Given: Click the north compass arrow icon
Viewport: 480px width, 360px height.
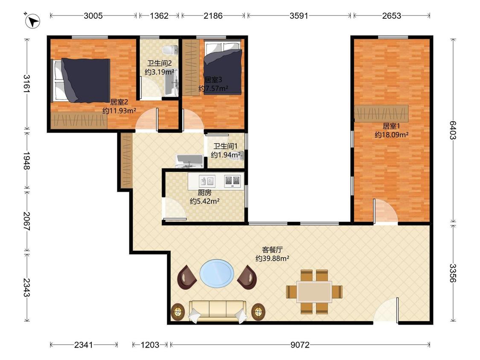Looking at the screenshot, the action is pos(32,21).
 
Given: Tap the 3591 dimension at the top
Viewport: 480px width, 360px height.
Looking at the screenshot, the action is pos(299,16).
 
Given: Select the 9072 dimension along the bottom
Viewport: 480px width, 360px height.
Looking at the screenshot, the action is pos(300,345).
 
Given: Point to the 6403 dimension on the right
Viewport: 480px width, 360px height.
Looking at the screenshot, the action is pos(453,130).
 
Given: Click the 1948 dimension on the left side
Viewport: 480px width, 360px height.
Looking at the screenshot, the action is pos(26,160).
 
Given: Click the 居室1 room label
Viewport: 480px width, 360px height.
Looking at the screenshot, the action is pos(391,126).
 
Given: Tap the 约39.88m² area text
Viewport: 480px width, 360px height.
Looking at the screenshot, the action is pos(273,258).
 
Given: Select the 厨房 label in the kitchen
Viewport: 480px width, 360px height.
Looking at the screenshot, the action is pos(204,192).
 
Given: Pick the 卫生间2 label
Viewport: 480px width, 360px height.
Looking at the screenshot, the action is pos(159,64).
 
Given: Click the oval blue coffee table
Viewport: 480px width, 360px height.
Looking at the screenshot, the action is pos(217,273).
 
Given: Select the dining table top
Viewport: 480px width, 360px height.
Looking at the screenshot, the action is pos(314,292).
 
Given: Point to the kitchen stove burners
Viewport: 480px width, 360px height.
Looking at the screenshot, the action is pos(232,181).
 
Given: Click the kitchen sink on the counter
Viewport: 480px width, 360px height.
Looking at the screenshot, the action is pos(207,181).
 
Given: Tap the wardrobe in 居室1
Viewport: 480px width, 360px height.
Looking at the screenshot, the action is pos(381,113).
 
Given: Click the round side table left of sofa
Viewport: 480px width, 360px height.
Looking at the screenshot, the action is pos(178,312).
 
